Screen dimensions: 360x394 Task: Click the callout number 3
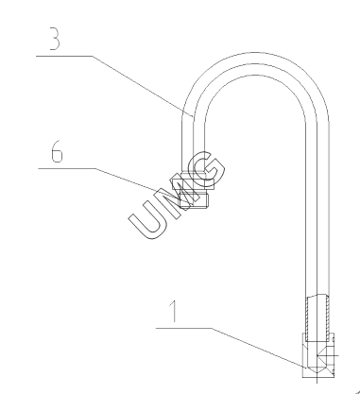[55, 39]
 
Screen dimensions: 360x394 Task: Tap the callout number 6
[57, 151]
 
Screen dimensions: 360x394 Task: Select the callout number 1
[173, 311]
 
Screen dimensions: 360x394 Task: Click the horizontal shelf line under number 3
[64, 56]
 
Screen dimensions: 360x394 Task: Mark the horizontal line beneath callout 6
[67, 168]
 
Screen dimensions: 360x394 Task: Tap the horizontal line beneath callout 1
[183, 328]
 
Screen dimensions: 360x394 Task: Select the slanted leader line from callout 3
[143, 86]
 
